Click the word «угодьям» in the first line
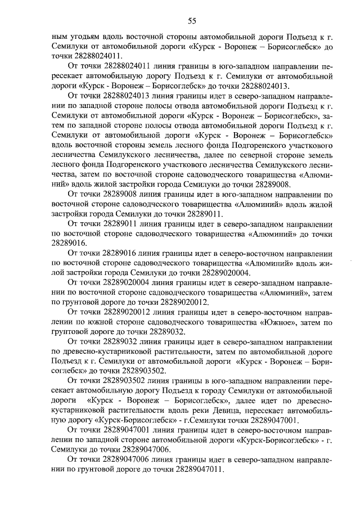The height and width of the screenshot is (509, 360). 85,37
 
